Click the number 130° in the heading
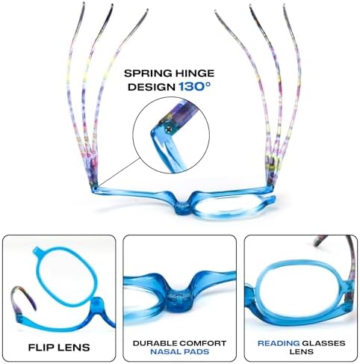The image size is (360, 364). pos(195,87)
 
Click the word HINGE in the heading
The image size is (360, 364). pos(192,73)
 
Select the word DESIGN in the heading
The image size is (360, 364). pos(152,87)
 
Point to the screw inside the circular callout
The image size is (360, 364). pos(169,129)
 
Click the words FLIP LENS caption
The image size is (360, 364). pos(59,348)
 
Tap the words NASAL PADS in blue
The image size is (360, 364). pos(179,352)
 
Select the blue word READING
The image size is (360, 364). pos(279,343)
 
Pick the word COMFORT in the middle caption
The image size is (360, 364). pos(202,343)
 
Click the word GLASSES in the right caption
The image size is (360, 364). pos(323,343)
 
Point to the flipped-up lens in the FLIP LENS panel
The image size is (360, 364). pos(65,277)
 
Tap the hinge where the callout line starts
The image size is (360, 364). pos(96,187)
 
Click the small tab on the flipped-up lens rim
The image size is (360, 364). pos(37,250)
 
